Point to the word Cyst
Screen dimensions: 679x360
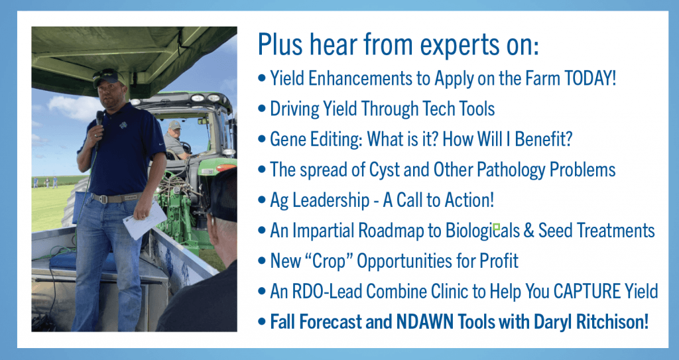pos(385,170)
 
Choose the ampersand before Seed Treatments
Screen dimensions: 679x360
pos(528,231)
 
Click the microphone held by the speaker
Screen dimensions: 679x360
pos(99,119)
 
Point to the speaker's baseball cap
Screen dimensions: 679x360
pos(108,78)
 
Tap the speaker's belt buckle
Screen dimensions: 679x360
pos(103,198)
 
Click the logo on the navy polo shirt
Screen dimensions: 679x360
pos(124,125)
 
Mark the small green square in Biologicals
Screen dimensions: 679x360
pos(497,227)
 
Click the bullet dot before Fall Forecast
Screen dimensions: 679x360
pos(261,322)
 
